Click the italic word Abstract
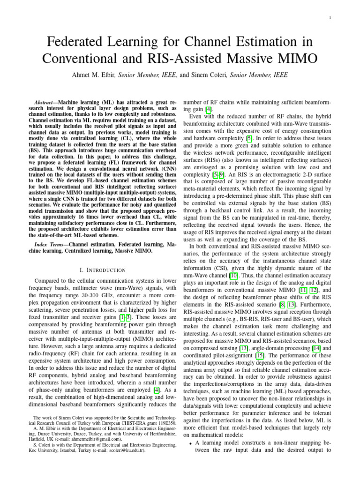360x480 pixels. pos(49,102)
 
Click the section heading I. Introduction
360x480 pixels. pos(102,270)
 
